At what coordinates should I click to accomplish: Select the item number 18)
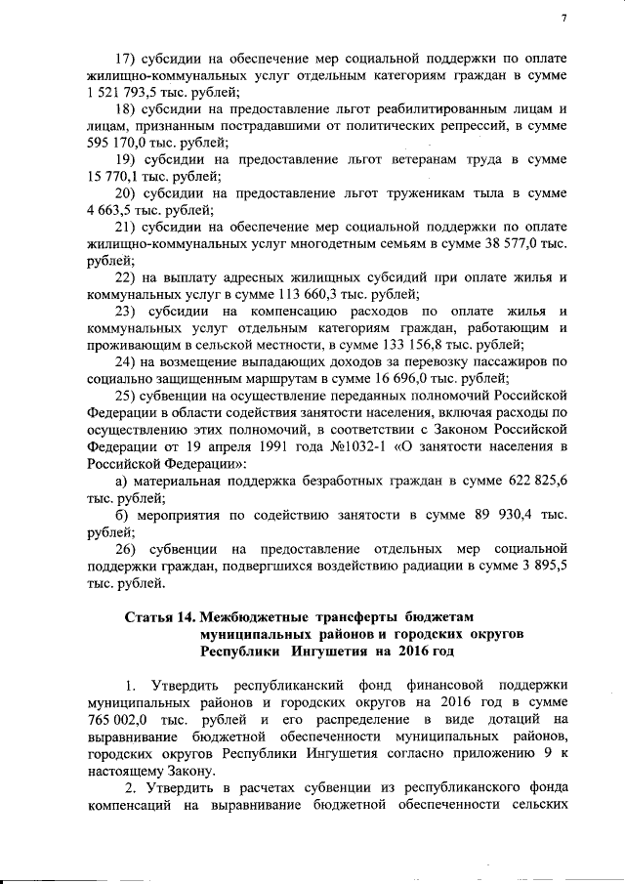(x=129, y=108)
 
